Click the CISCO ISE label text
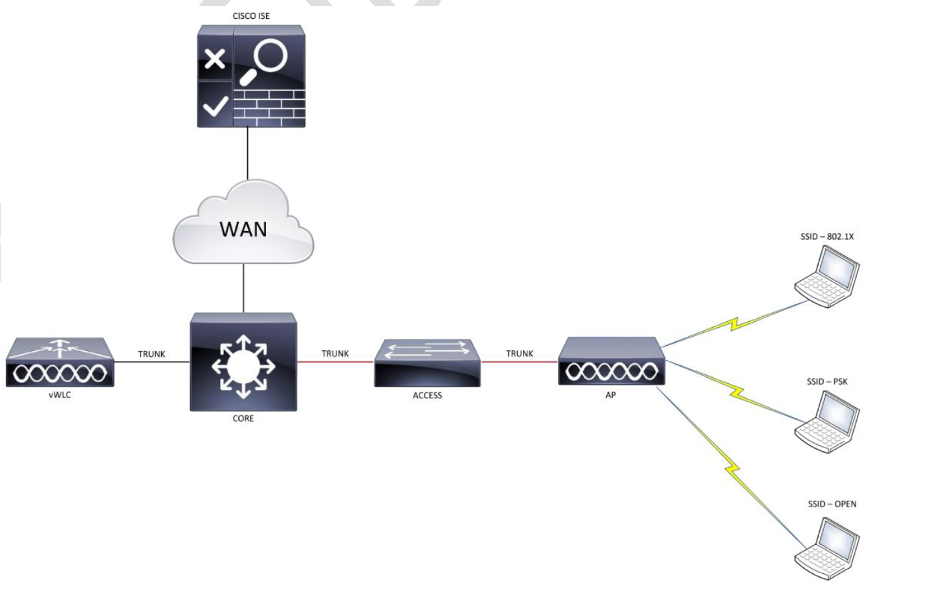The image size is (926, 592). click(x=251, y=16)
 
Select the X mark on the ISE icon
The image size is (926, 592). click(x=215, y=60)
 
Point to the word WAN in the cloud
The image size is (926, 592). click(x=243, y=229)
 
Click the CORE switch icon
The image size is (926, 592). click(x=243, y=363)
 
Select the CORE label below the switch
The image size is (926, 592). click(x=243, y=418)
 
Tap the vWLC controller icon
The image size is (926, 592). click(x=60, y=363)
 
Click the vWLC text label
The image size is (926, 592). click(x=60, y=395)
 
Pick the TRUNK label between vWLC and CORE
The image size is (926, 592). click(x=151, y=354)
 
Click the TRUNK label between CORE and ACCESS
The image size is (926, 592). click(x=335, y=354)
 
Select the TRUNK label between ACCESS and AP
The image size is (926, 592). click(x=520, y=354)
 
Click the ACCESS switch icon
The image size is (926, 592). click(x=427, y=363)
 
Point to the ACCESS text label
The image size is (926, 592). click(x=427, y=396)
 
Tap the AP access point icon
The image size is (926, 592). click(x=611, y=363)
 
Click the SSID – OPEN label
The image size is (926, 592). click(x=832, y=504)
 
